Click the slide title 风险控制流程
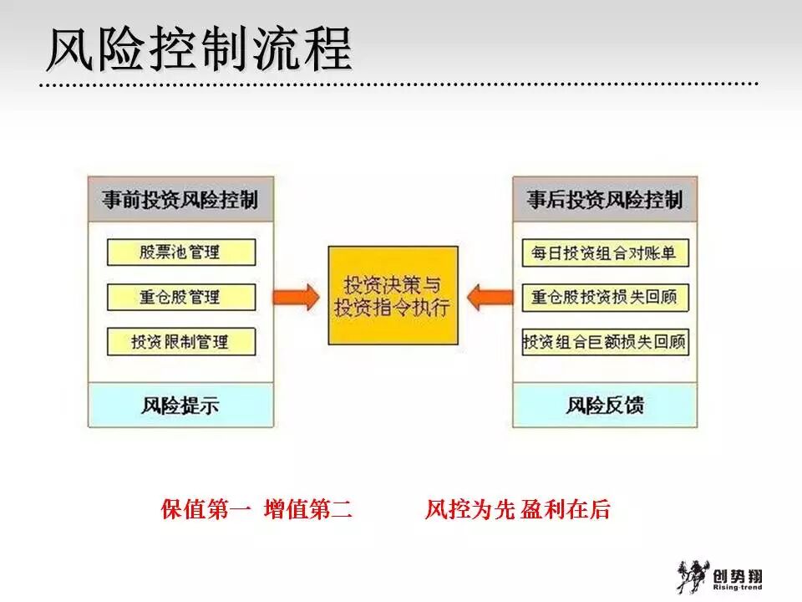(x=198, y=49)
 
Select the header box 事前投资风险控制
(x=180, y=201)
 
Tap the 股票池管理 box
(x=180, y=253)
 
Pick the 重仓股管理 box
(x=180, y=297)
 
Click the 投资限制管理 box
(x=180, y=341)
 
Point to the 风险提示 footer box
(x=180, y=406)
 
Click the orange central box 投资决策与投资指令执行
(x=393, y=295)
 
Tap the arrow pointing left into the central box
(x=489, y=296)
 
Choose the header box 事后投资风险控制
(x=605, y=201)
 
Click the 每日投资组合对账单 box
(x=605, y=253)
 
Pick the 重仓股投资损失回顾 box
(x=605, y=297)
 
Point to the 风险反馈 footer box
(x=605, y=406)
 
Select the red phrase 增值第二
(x=307, y=510)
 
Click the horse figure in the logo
(x=690, y=576)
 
